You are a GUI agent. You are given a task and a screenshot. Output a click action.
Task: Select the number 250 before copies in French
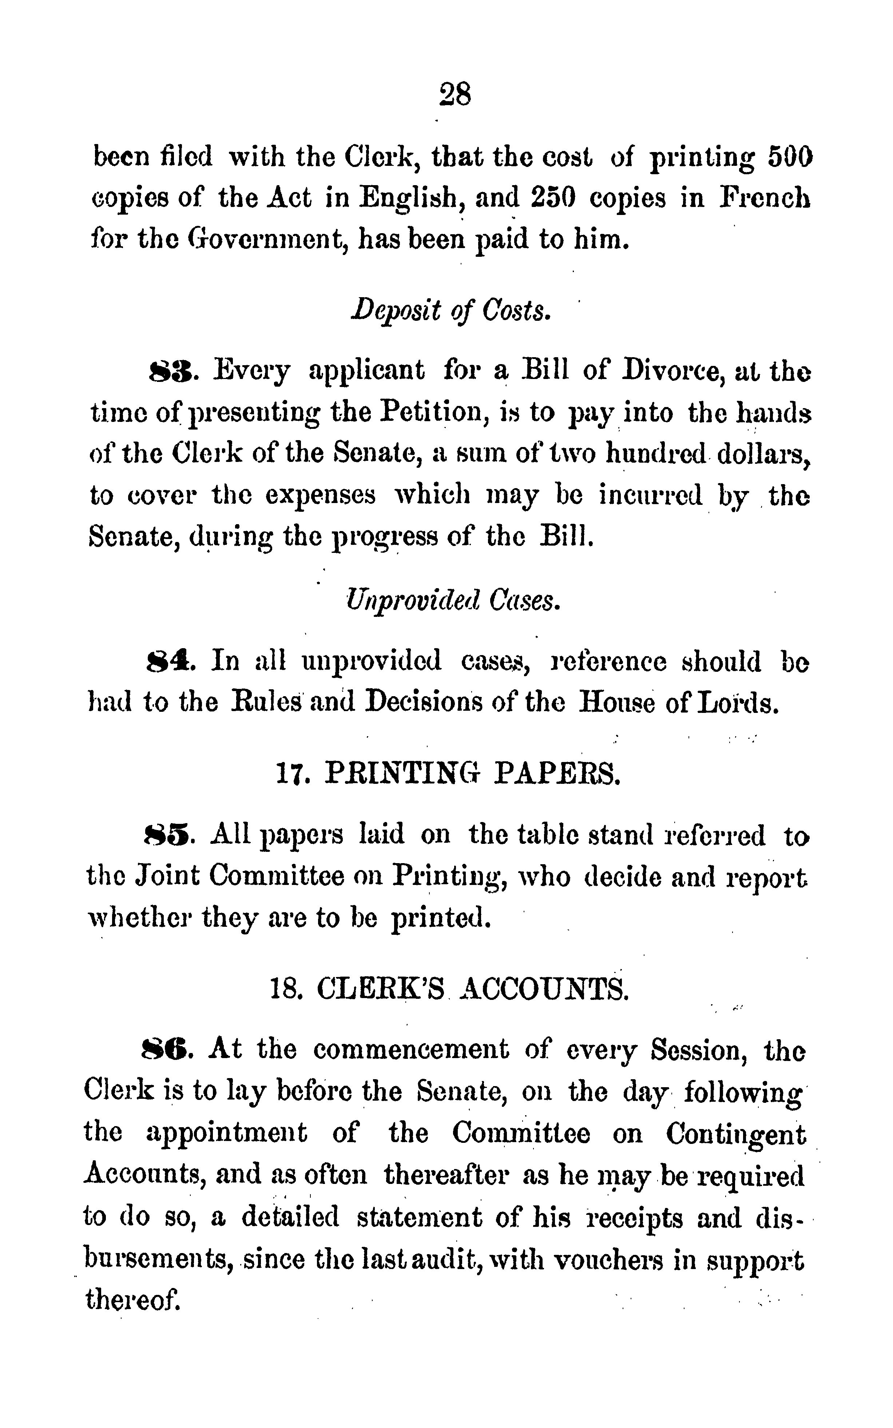pyautogui.click(x=551, y=199)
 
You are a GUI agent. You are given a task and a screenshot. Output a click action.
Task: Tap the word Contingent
pyautogui.click(x=736, y=1134)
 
